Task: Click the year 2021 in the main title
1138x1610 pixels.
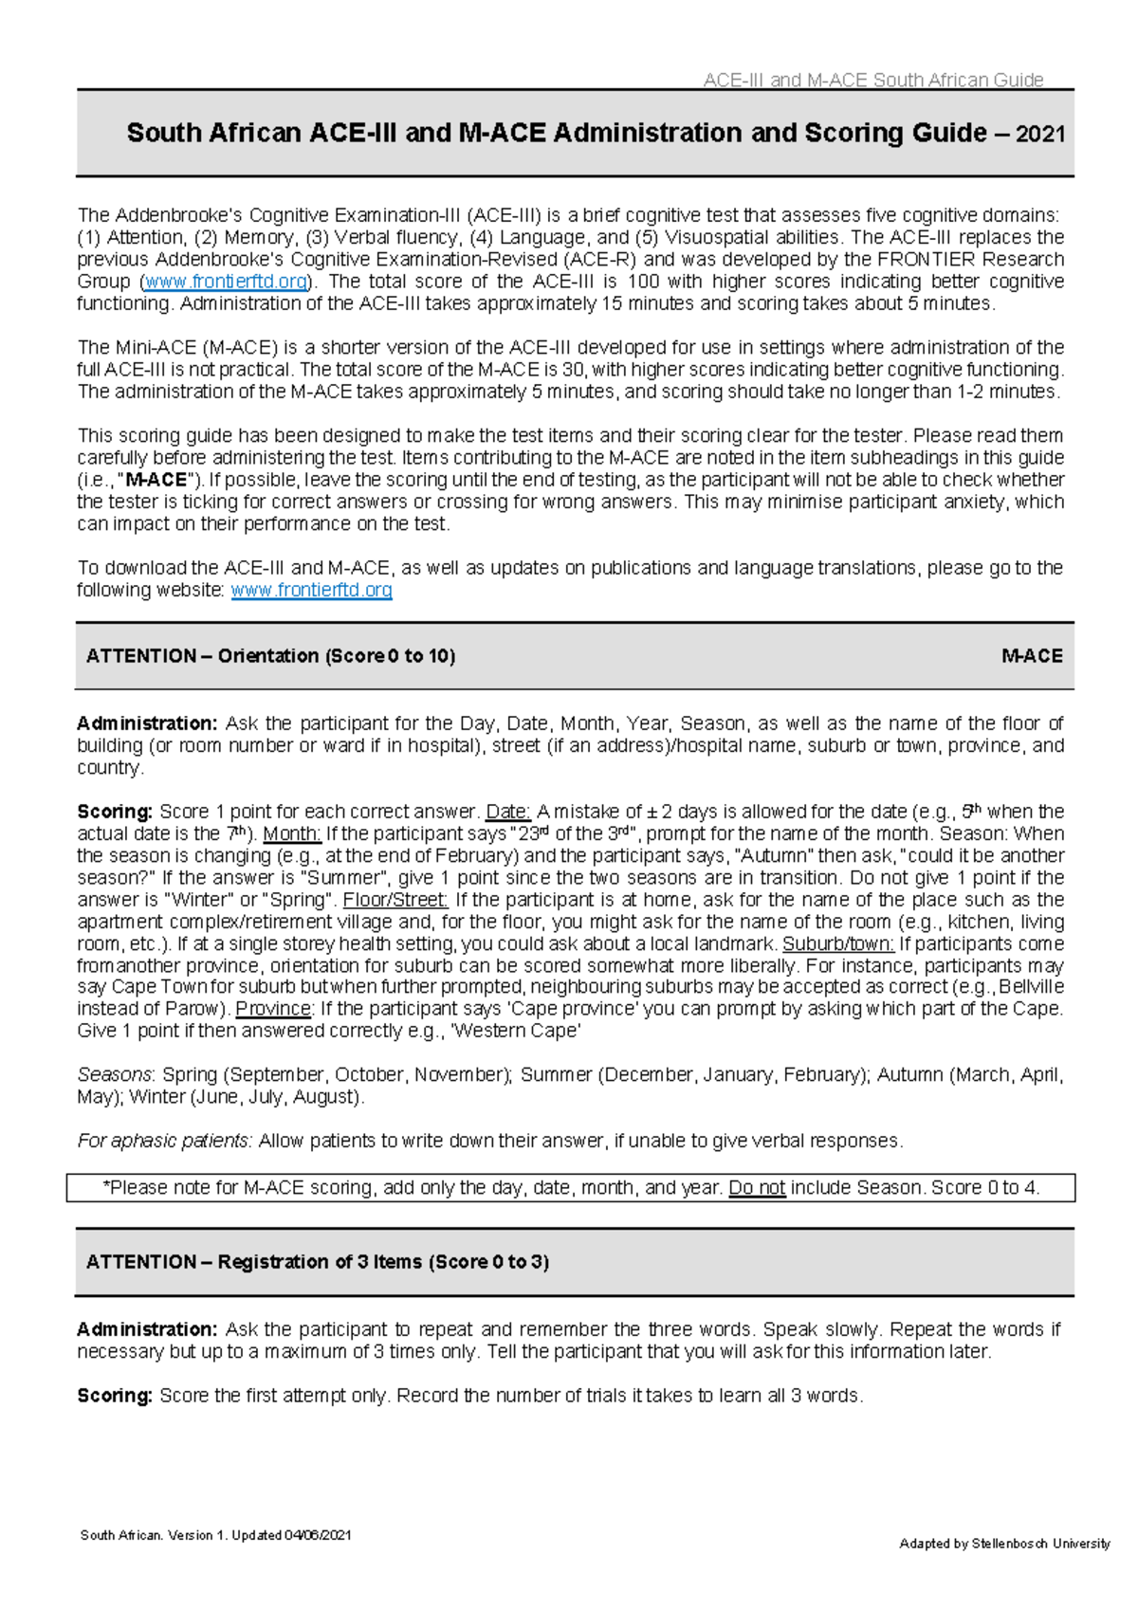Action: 1040,135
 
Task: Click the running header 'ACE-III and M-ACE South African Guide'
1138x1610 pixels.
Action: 872,81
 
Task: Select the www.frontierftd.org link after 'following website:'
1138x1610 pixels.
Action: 311,590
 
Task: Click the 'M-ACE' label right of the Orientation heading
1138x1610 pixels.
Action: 1032,656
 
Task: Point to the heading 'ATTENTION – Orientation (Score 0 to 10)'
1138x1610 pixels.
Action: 270,656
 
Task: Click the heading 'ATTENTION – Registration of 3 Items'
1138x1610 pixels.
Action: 317,1262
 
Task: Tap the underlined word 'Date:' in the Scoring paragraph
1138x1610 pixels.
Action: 508,812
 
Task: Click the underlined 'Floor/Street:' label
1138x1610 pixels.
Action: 395,900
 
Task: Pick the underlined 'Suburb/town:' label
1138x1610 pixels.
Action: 838,943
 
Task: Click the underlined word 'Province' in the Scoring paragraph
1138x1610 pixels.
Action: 273,1009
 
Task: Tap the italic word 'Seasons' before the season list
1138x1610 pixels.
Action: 114,1075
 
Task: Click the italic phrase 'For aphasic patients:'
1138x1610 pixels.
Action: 165,1141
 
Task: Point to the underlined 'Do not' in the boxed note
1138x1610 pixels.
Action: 757,1188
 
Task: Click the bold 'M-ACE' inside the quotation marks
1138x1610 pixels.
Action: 156,480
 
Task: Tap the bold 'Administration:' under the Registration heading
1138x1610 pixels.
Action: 147,1329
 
